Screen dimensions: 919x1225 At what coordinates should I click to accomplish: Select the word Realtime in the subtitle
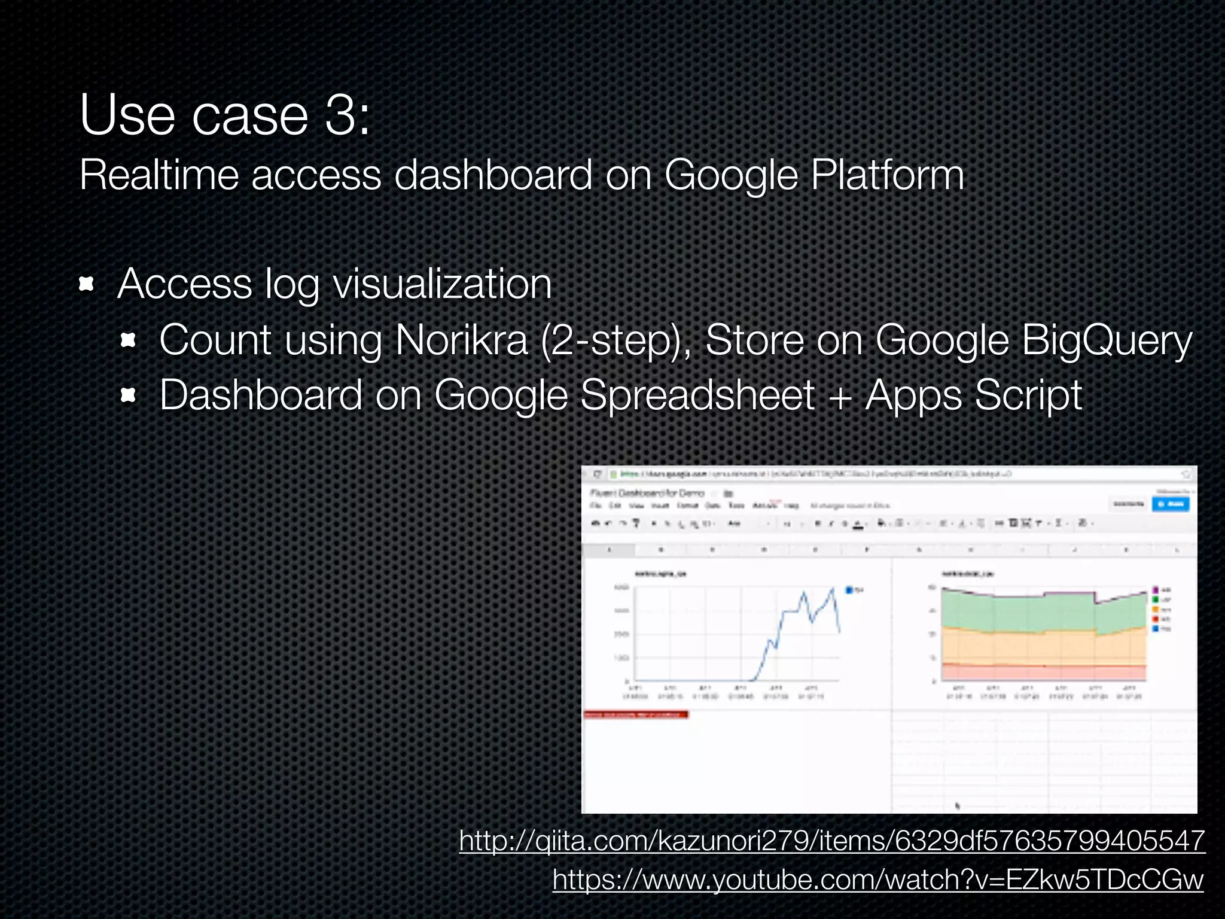coord(159,175)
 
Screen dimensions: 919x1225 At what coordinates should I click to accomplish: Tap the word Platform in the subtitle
coord(887,175)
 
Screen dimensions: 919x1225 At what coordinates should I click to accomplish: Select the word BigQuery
coord(1107,340)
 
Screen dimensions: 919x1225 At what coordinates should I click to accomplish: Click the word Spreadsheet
coord(697,395)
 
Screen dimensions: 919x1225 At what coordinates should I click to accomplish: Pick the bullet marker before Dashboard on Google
coord(129,395)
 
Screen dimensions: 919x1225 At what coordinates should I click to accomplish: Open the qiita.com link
coord(831,841)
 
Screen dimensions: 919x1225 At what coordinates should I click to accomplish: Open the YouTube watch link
coord(877,880)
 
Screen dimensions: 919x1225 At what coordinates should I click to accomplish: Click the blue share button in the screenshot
coord(1171,504)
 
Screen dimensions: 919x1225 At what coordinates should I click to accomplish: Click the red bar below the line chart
coord(635,714)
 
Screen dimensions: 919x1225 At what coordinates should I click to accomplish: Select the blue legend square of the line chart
coord(849,591)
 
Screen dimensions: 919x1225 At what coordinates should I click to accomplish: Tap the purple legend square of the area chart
coord(1156,590)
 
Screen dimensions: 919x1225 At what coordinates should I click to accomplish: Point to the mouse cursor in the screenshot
coord(958,806)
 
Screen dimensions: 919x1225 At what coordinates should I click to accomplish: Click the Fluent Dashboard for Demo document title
coord(647,493)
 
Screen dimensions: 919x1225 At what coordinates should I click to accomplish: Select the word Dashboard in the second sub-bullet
coord(261,395)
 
